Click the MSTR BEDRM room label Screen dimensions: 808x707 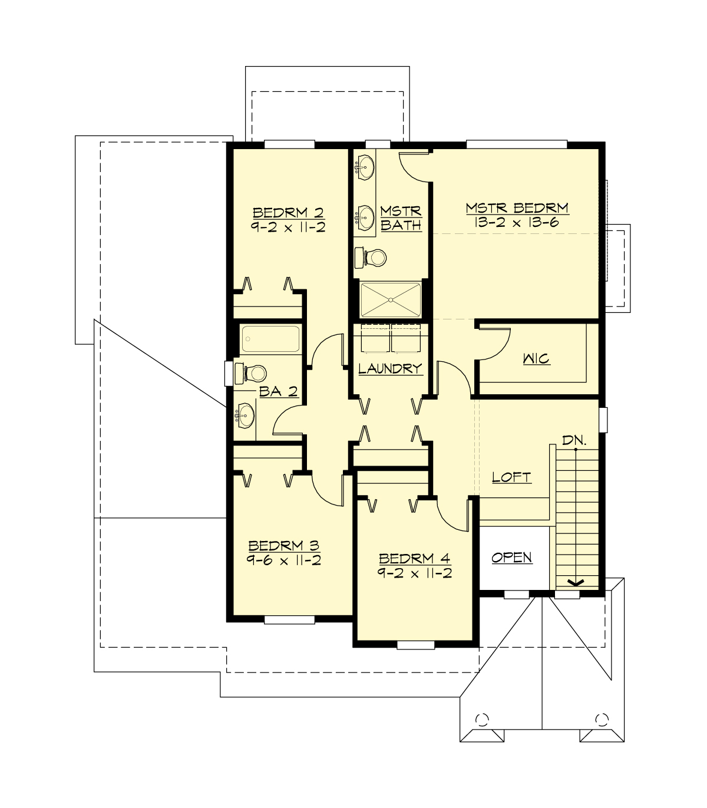click(517, 208)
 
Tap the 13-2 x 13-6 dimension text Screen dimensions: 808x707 click(517, 222)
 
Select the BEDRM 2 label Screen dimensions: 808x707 click(288, 213)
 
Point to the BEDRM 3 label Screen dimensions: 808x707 click(283, 546)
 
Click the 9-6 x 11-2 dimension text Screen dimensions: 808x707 click(283, 560)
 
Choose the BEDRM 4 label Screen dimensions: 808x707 click(415, 558)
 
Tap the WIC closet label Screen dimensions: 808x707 click(536, 358)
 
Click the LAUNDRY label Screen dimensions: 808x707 click(390, 369)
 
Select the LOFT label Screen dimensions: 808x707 click(511, 477)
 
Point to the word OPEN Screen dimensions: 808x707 click(511, 558)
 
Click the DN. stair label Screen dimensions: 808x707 click(574, 440)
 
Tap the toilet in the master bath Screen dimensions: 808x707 click(371, 257)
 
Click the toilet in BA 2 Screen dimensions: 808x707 click(252, 373)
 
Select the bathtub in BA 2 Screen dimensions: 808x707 click(270, 339)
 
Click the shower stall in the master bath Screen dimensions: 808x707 click(391, 300)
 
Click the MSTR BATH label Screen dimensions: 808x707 click(401, 218)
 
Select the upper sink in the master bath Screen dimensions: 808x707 click(366, 167)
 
